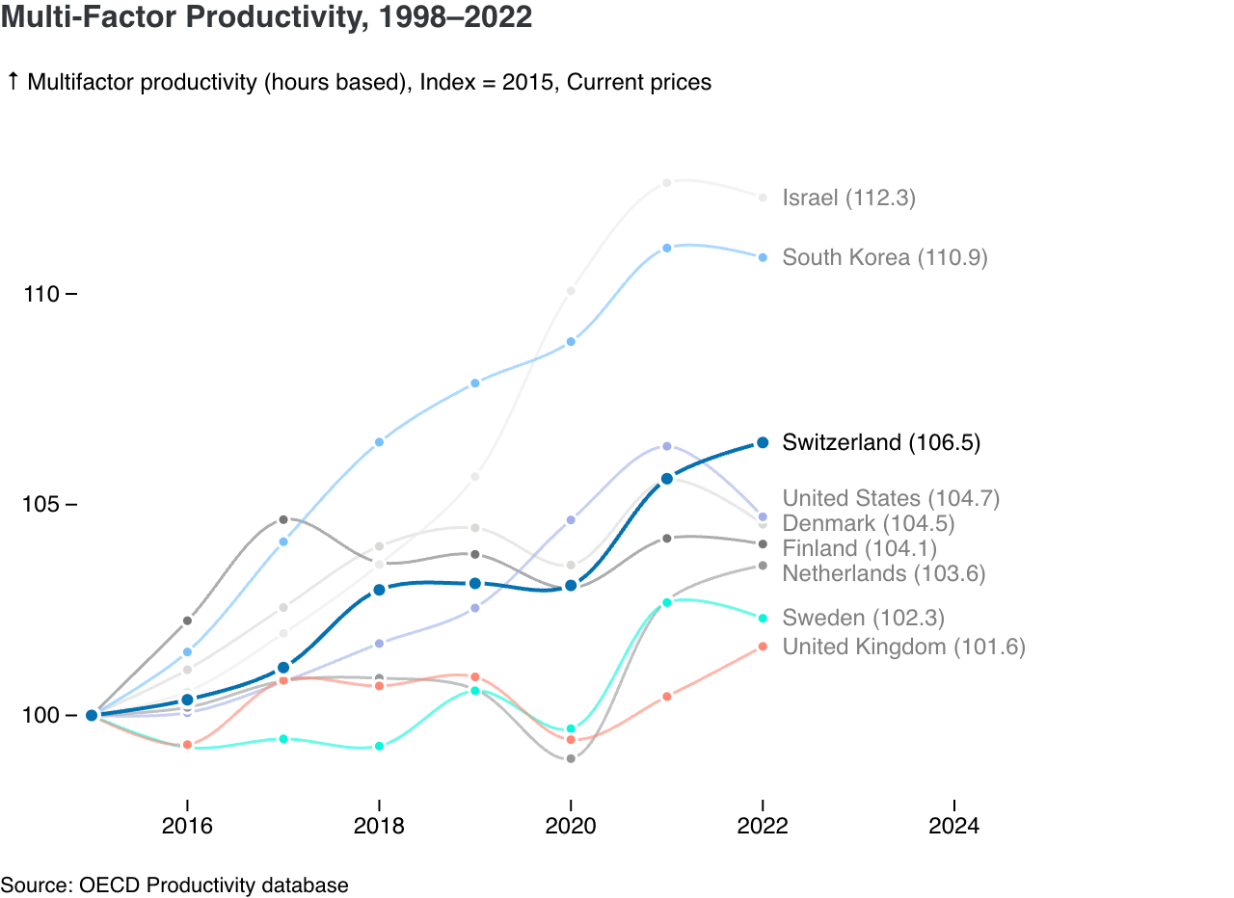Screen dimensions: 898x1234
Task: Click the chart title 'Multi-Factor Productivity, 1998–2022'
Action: [x=266, y=17]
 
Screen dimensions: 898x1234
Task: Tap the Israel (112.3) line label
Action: [x=848, y=198]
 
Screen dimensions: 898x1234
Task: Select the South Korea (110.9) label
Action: [x=884, y=257]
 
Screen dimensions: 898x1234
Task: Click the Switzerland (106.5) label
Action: [x=881, y=442]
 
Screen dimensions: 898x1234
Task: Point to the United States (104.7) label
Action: [x=891, y=498]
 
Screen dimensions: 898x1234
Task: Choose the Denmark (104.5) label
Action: [x=868, y=523]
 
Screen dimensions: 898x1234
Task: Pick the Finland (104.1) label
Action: [x=859, y=548]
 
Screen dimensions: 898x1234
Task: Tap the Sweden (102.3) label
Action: [x=863, y=618]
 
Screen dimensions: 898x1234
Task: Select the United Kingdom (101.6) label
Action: [x=903, y=647]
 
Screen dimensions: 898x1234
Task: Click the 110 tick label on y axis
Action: [x=41, y=294]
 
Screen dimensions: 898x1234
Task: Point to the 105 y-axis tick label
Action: [x=41, y=505]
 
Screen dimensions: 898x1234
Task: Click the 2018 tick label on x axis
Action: [x=379, y=826]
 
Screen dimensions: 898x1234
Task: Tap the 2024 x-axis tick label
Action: [x=953, y=826]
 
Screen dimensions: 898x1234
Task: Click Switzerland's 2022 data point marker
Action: [x=763, y=442]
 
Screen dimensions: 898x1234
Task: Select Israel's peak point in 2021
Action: [x=666, y=182]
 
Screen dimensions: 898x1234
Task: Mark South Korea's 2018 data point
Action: [x=379, y=442]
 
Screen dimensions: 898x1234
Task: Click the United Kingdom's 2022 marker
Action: [x=763, y=647]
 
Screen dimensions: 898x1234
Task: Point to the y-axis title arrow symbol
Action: [x=13, y=82]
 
